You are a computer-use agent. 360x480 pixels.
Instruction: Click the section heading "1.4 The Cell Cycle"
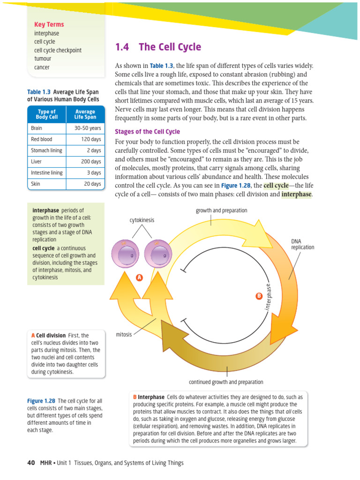158,47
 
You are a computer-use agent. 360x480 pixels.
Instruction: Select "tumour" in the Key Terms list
43,59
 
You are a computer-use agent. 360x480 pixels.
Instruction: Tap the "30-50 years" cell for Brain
88,127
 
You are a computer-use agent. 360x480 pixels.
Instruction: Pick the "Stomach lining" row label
46,150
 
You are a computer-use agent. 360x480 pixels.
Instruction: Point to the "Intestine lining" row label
47,173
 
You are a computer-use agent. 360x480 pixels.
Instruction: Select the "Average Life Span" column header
85,114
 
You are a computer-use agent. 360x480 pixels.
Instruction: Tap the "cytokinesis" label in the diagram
142,220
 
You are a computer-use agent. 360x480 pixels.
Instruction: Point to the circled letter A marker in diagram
139,278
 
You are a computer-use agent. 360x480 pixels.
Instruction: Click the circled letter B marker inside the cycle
258,296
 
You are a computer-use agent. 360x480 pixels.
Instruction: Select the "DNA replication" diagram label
302,244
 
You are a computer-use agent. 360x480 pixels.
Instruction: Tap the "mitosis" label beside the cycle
124,335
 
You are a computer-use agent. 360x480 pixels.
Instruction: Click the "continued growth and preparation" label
226,382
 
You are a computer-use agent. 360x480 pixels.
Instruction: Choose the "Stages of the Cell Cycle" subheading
147,132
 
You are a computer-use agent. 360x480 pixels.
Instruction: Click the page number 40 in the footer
31,463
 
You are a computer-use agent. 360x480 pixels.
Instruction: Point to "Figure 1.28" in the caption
41,401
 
